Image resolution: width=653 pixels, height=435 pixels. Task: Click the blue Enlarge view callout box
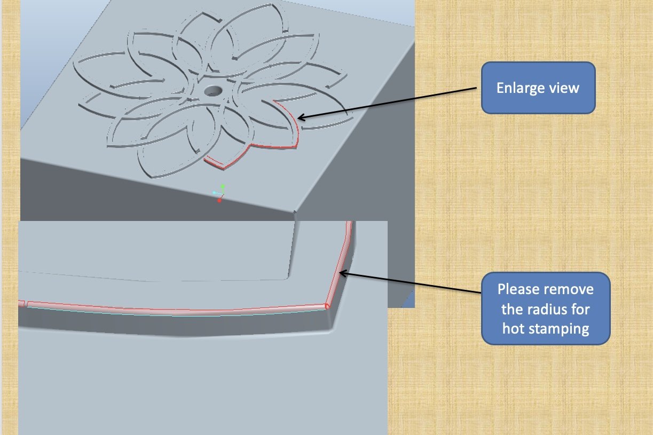538,88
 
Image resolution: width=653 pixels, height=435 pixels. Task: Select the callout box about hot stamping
545,309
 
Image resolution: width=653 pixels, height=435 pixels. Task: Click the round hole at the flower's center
213,91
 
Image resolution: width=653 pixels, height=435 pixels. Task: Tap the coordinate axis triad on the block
219,193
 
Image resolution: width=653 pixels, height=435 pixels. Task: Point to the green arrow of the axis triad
223,187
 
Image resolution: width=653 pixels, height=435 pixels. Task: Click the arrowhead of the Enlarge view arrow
300,118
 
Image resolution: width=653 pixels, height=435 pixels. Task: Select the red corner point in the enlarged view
326,307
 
